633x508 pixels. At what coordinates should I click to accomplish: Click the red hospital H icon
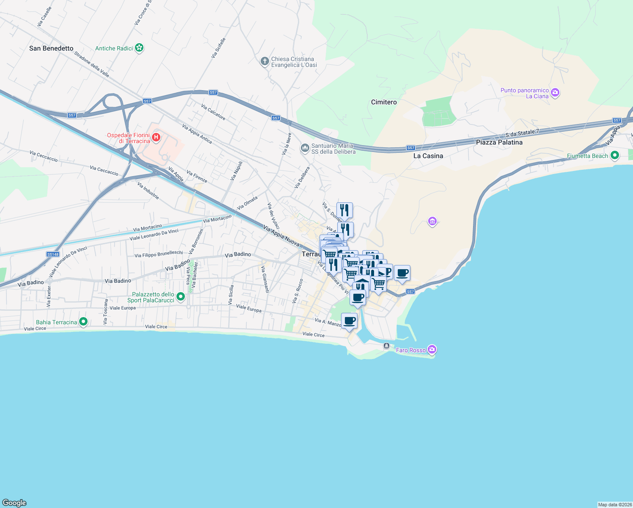coord(156,137)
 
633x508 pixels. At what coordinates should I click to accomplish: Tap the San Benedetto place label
coord(51,48)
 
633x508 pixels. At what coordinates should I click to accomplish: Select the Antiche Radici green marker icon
coord(140,48)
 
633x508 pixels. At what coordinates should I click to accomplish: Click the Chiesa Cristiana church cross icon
coord(264,62)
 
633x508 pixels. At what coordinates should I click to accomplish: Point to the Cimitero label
coord(384,102)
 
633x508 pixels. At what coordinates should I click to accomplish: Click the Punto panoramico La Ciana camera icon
coord(555,93)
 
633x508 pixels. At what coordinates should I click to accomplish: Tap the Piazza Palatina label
coord(499,142)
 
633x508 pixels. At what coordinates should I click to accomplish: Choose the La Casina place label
coord(428,156)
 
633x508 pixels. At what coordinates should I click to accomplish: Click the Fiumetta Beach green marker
coord(615,155)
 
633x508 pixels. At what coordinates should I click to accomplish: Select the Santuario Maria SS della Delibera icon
coord(305,148)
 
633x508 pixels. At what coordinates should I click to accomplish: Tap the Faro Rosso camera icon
coord(432,349)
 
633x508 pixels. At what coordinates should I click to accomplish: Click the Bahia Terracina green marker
coord(83,322)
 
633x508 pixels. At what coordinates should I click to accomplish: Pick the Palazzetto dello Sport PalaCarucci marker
coord(181,297)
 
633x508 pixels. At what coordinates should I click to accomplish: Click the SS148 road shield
coord(53,254)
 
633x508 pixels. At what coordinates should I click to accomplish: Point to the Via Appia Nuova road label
coord(281,236)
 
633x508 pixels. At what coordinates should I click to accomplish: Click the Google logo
coord(14,502)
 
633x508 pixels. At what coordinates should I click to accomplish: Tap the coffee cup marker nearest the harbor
coord(350,321)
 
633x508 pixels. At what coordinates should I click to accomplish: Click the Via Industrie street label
coord(148,190)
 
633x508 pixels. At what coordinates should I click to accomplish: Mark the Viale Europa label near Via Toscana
coord(123,308)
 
